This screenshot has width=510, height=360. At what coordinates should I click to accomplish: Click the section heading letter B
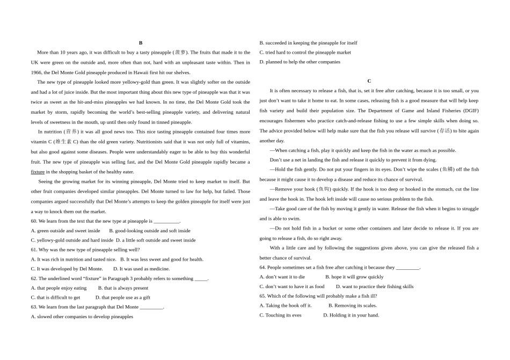(141, 42)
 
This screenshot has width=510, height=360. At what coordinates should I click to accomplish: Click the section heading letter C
(369, 81)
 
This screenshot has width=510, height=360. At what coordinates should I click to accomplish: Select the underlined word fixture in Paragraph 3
(38, 172)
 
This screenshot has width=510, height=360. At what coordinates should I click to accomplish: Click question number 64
(263, 267)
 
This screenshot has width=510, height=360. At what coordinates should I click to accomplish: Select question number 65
(263, 296)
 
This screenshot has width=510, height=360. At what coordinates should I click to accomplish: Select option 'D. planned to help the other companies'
(300, 62)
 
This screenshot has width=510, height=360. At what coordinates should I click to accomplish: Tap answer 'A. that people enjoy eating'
(59, 288)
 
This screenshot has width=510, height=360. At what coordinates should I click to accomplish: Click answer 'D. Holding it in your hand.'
(351, 315)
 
